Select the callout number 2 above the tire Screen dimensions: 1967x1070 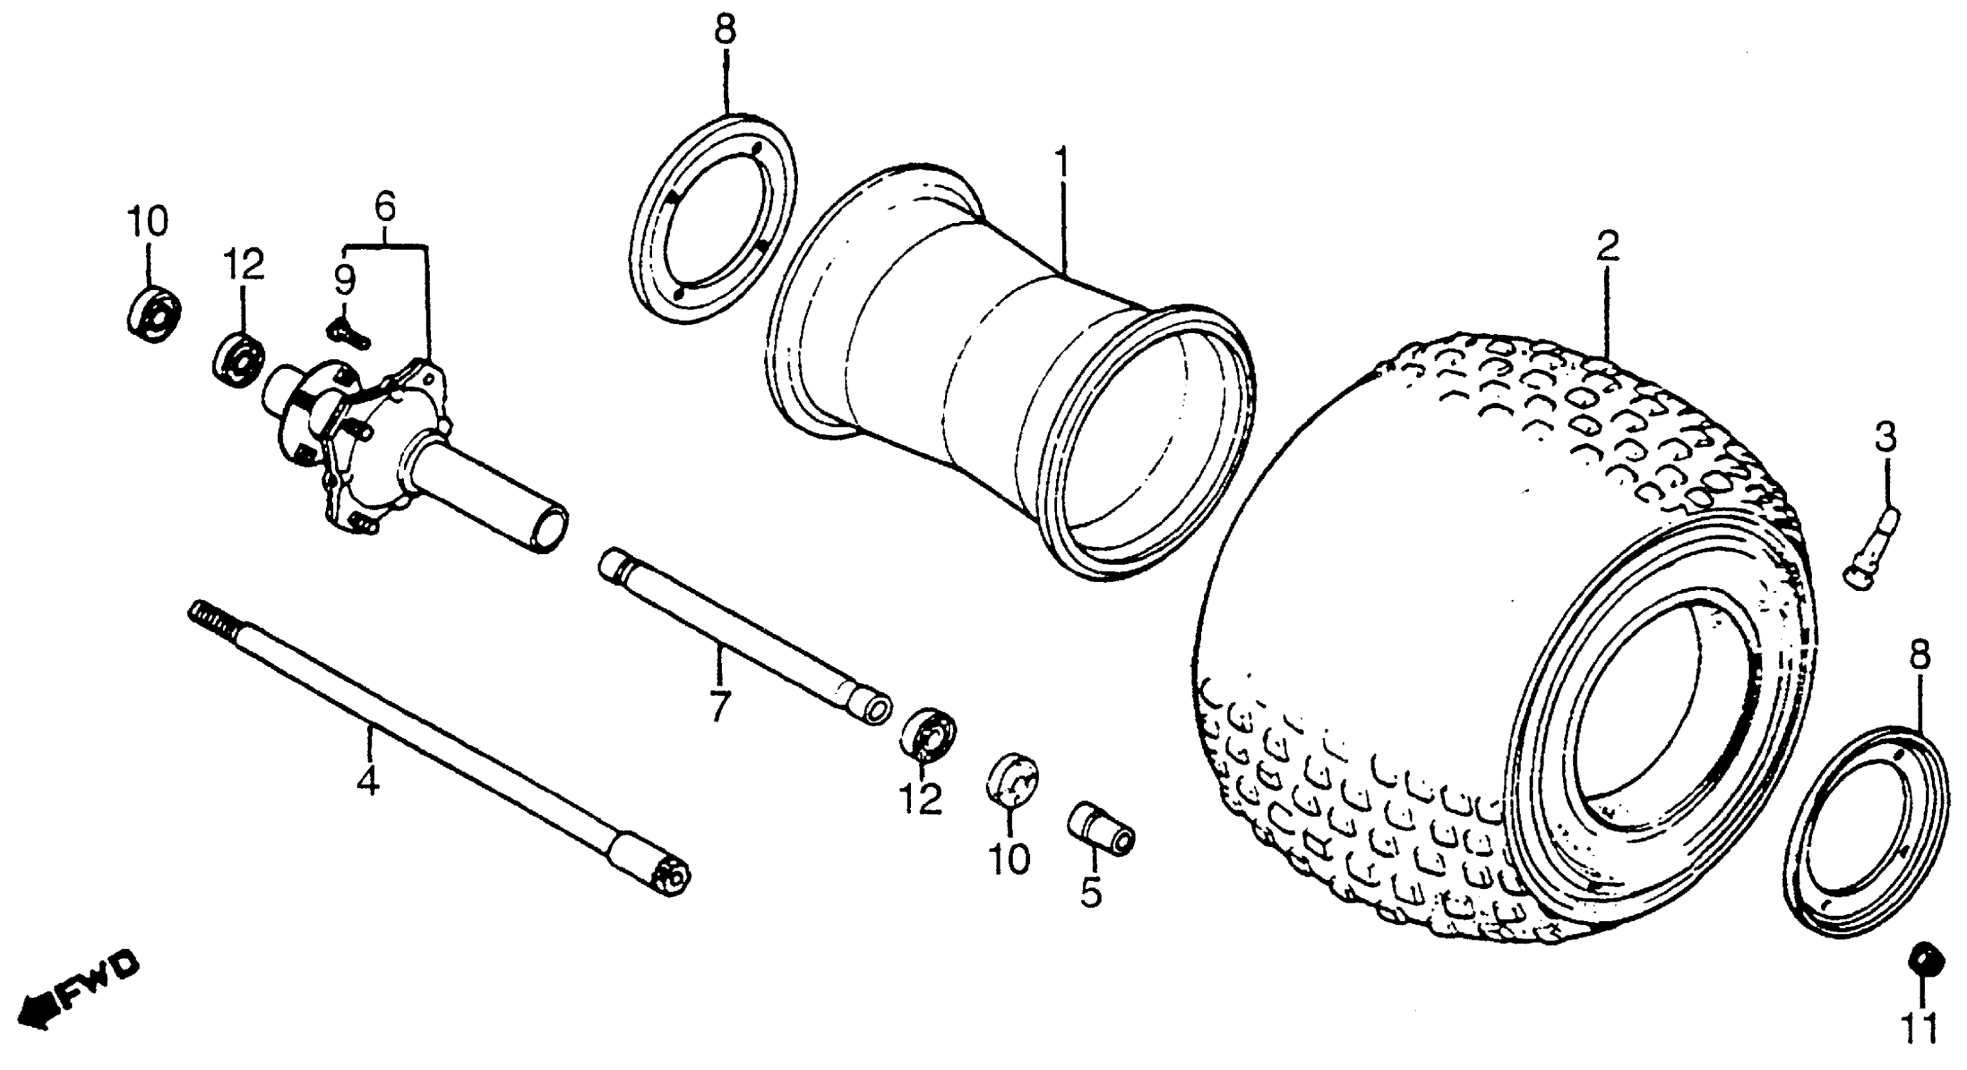coord(1608,248)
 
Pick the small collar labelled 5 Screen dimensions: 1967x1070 coord(1100,840)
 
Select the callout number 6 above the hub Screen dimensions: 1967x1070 coord(385,206)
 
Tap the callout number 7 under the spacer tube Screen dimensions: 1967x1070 coord(719,706)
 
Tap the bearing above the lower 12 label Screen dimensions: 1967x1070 coord(928,735)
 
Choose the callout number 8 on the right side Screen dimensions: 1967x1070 coord(1920,655)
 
